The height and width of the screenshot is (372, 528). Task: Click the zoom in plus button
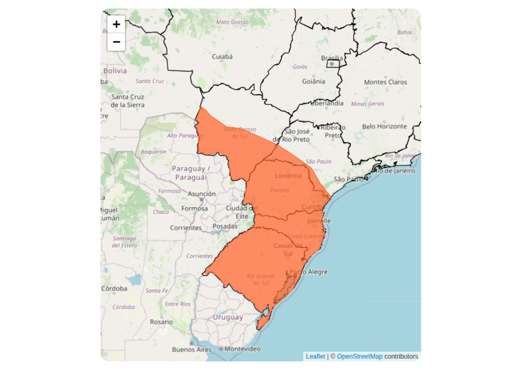pos(117,24)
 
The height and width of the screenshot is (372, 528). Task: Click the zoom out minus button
pos(117,42)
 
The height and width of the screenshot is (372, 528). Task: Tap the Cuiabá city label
pos(223,56)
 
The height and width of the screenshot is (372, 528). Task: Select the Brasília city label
pos(332,58)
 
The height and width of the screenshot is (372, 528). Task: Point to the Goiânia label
pos(313,81)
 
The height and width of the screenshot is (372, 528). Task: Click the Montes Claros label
pos(385,82)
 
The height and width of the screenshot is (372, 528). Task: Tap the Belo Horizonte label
pos(384,126)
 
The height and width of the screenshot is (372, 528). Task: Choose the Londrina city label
pos(288,176)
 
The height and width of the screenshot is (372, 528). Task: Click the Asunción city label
pos(202,194)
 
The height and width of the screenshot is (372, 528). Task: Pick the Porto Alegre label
pos(309,272)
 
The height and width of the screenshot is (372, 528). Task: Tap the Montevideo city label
pos(242,349)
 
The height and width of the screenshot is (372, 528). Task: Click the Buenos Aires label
pos(191,350)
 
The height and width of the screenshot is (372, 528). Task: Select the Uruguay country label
pos(228,317)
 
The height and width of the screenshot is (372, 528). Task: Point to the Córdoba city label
pos(114,288)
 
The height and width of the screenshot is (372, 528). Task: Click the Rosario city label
pos(161,321)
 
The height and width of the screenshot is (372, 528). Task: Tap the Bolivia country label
pos(115,71)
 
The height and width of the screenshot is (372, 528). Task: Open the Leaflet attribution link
pos(316,357)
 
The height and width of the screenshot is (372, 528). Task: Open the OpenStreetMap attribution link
pos(359,357)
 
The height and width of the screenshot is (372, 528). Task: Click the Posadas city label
pos(225,226)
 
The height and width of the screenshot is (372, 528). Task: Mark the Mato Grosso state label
pos(230,22)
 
